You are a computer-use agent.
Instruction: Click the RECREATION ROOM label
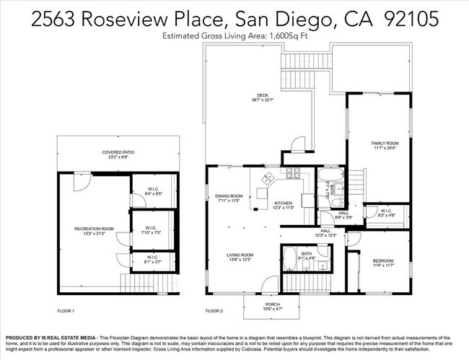coord(94,228)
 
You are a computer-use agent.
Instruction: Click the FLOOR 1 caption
coord(66,310)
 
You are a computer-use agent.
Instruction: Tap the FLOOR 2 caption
coord(214,310)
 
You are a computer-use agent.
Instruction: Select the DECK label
coord(263,95)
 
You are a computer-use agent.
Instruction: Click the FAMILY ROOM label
coord(385,143)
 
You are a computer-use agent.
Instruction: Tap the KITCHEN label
coord(282,203)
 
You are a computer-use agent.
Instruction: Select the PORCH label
coord(263,304)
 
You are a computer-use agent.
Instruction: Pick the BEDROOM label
coord(383,260)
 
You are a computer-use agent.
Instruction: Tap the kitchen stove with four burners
coord(292,173)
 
